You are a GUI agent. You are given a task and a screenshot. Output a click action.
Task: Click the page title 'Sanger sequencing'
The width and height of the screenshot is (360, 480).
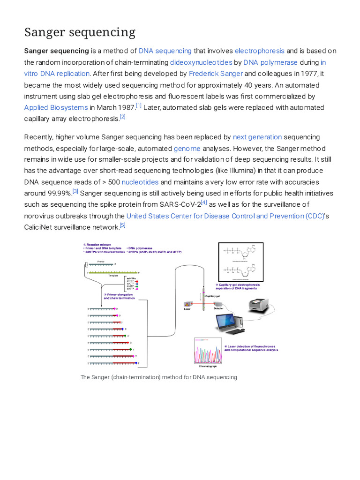(80, 32)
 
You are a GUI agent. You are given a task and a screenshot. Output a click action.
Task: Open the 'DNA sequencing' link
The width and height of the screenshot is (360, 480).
(165, 51)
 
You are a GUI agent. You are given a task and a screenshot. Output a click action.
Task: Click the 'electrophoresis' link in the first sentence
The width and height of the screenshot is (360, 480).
(259, 51)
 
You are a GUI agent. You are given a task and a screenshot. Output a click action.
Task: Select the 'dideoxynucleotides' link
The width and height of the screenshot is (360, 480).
(201, 62)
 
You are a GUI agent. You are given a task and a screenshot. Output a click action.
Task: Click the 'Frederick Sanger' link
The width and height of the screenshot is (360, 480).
(216, 73)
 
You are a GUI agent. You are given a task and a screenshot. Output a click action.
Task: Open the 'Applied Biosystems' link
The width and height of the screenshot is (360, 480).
(56, 107)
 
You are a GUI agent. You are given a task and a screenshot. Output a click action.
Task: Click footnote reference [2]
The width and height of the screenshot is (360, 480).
(123, 117)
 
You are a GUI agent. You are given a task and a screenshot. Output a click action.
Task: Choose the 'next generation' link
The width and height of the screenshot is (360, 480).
(257, 137)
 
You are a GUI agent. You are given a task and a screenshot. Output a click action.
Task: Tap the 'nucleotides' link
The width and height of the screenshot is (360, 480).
(140, 182)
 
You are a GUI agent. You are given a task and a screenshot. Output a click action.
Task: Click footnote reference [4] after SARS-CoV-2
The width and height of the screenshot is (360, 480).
(204, 202)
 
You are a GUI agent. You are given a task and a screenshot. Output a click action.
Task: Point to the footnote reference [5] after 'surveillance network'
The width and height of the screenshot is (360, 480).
(123, 225)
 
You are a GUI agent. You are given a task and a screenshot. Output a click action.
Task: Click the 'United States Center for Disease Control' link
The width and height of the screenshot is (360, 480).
(225, 216)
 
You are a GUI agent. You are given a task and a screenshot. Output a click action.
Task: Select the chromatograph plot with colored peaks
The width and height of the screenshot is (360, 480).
(207, 350)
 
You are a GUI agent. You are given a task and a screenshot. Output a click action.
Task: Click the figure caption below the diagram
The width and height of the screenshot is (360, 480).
(159, 377)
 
